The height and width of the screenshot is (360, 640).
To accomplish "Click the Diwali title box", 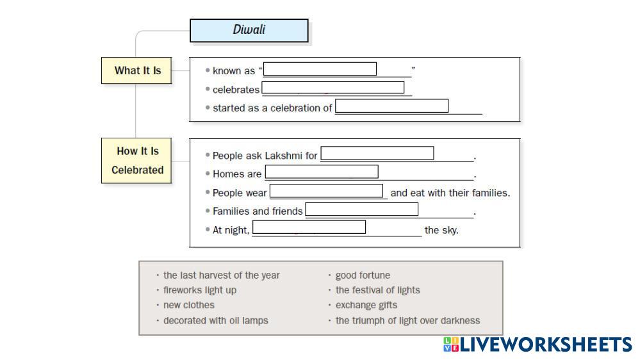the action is pyautogui.click(x=249, y=30).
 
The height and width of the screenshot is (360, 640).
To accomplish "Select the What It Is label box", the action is pyautogui.click(x=136, y=70).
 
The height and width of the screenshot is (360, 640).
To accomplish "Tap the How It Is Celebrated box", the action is pyautogui.click(x=136, y=160).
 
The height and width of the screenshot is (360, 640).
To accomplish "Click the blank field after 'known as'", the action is pyautogui.click(x=320, y=69).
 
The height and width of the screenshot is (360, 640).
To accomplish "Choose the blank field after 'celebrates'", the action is pyautogui.click(x=332, y=87).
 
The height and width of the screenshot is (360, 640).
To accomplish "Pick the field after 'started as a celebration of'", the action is pyautogui.click(x=391, y=106).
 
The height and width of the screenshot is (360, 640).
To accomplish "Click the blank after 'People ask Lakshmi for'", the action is pyautogui.click(x=377, y=153).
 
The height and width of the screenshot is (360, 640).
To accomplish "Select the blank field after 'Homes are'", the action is pyautogui.click(x=322, y=172).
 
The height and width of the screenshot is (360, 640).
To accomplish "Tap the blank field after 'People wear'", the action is pyautogui.click(x=326, y=191).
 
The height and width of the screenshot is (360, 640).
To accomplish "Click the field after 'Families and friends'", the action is pyautogui.click(x=361, y=209).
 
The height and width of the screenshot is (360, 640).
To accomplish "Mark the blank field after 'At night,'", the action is pyautogui.click(x=309, y=227).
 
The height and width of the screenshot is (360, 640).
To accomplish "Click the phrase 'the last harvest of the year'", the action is pyautogui.click(x=221, y=275).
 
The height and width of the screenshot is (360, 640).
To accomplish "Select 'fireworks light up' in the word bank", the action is pyautogui.click(x=200, y=290).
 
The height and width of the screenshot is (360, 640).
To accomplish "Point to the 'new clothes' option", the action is pyautogui.click(x=188, y=305).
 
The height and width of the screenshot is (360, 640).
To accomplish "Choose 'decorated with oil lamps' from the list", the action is pyautogui.click(x=215, y=320).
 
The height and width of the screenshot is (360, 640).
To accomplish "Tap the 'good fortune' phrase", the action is pyautogui.click(x=363, y=275).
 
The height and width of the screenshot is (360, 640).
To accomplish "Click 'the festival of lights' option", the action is pyautogui.click(x=377, y=290).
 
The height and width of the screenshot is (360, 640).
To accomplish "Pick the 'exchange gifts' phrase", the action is pyautogui.click(x=366, y=305).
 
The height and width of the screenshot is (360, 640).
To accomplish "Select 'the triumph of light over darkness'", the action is pyautogui.click(x=407, y=320).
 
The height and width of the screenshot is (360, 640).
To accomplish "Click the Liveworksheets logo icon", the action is pyautogui.click(x=452, y=344).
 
